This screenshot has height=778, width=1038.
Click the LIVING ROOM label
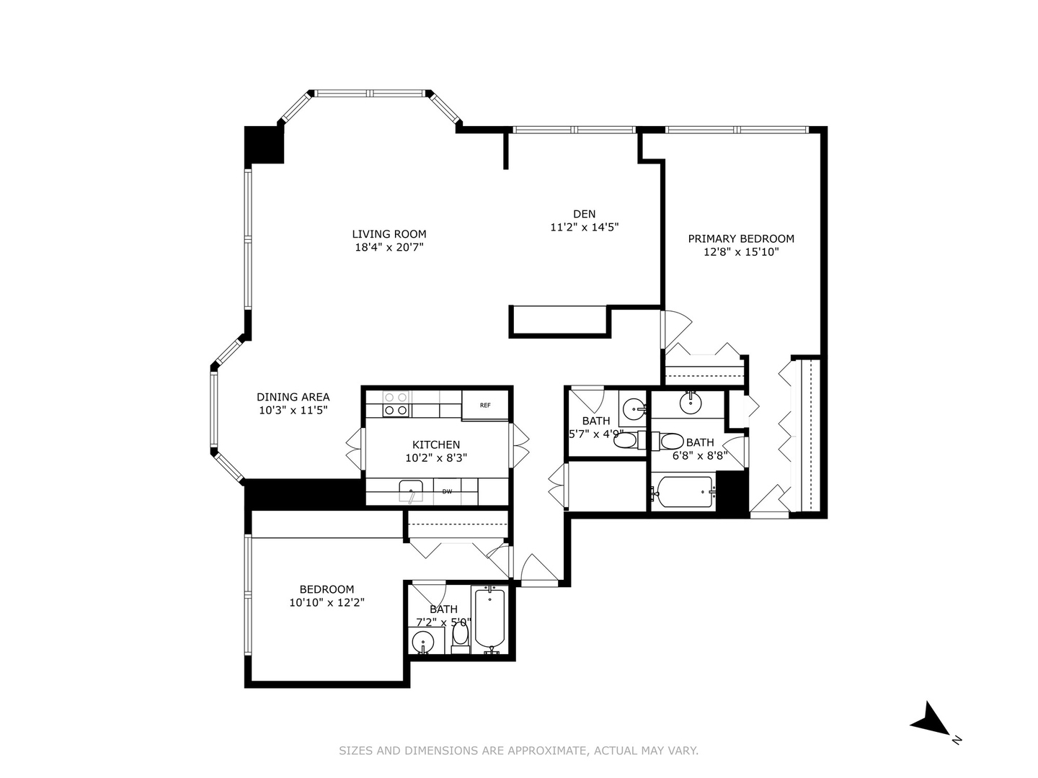point(389,234)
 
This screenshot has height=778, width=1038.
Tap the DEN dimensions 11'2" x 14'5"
point(584,227)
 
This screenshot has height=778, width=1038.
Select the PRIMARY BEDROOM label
point(741,238)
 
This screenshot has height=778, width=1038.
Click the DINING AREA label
point(293,397)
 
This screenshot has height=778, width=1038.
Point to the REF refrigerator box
point(486,405)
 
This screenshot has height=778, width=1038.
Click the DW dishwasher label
point(447,492)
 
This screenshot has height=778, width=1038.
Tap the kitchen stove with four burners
point(395,403)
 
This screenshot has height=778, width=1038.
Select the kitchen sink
point(411,491)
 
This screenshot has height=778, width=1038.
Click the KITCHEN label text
point(436,444)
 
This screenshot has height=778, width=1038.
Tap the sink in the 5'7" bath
point(634,408)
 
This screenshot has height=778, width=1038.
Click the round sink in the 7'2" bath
point(422,641)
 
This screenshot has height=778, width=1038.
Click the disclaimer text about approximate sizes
point(518,751)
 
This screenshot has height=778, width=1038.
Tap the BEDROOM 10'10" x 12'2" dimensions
point(327,603)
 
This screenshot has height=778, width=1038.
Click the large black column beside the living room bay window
point(265,145)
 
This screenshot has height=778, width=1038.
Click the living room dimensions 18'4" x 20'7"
point(389,247)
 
